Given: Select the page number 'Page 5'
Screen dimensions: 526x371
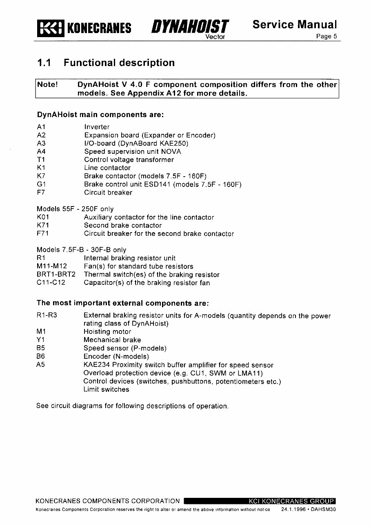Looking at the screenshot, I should (x=327, y=36).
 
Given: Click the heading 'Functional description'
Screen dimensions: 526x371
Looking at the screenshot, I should (x=119, y=63).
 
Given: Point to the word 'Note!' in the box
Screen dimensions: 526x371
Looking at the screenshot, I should (x=48, y=85).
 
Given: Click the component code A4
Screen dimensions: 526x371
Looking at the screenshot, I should (x=41, y=151).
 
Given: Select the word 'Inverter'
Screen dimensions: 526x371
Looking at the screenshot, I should (x=97, y=127).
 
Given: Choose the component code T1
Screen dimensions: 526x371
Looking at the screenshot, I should (x=41, y=160).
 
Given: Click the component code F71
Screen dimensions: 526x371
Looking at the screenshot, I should (x=43, y=234).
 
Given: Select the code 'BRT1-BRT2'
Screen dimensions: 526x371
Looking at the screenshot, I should (x=56, y=275).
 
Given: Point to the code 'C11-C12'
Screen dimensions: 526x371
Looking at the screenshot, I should (x=51, y=283).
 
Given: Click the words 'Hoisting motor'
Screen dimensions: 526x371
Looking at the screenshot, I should (x=107, y=332).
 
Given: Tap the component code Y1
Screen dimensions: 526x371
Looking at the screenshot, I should (x=40, y=340).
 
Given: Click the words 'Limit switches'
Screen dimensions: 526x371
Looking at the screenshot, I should (x=106, y=389).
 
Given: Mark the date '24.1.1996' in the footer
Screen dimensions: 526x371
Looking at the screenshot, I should (x=293, y=510).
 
